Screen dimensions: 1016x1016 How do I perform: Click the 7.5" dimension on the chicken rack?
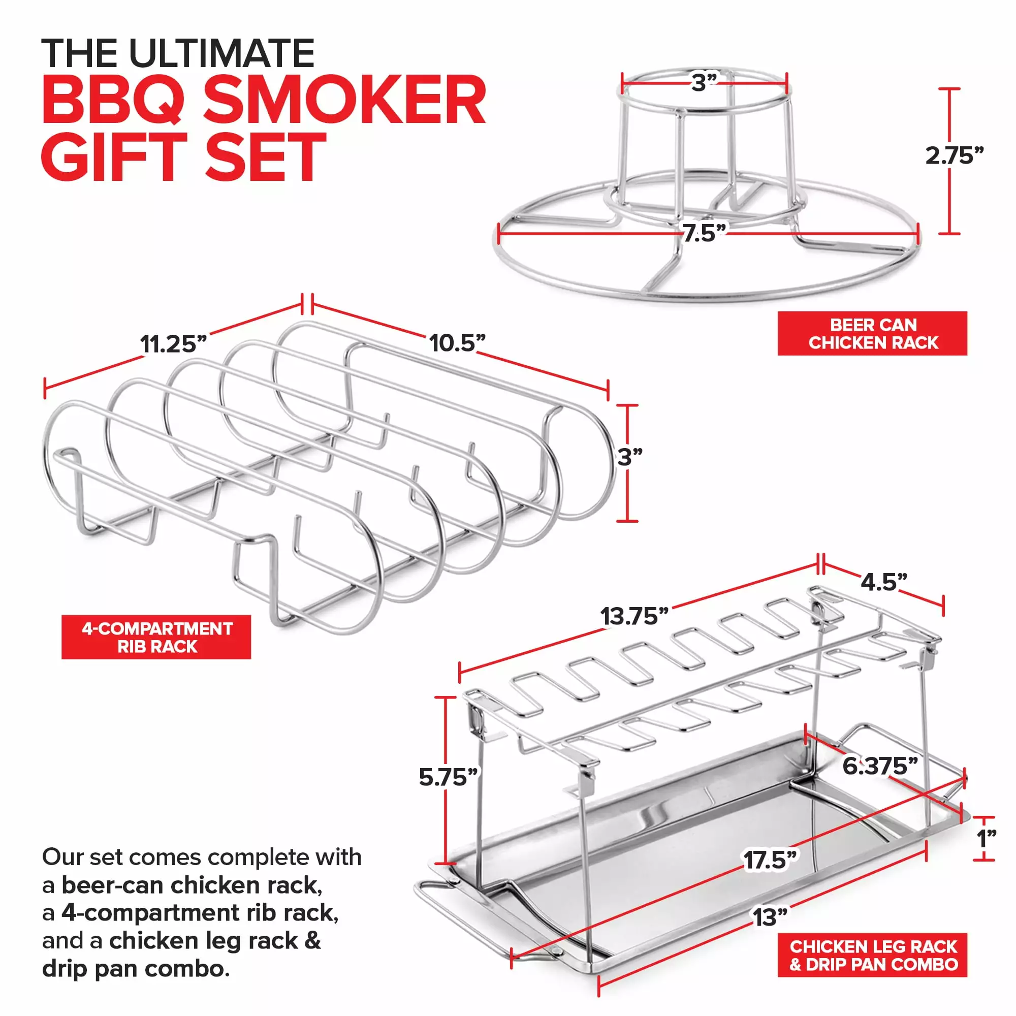coord(704,233)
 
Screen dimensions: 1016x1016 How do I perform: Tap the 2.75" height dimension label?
coord(954,155)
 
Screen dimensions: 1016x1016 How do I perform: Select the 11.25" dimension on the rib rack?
coord(174,344)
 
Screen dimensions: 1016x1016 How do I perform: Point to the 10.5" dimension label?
coord(457,343)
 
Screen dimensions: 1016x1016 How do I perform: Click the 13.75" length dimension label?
coord(634,616)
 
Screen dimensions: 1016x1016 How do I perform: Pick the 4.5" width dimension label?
coord(884,582)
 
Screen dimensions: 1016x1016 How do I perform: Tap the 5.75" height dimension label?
coord(448,777)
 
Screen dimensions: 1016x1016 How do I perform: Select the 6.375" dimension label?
coord(880,766)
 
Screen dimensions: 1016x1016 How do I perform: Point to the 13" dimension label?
coord(770,918)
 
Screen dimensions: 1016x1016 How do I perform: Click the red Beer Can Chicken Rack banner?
coord(872,333)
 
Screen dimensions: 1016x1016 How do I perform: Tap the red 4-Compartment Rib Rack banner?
coord(156,637)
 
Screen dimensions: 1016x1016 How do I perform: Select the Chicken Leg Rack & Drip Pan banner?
coord(872,955)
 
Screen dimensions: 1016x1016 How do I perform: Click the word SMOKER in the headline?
coord(344,100)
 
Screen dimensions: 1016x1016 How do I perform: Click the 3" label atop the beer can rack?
coord(704,83)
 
